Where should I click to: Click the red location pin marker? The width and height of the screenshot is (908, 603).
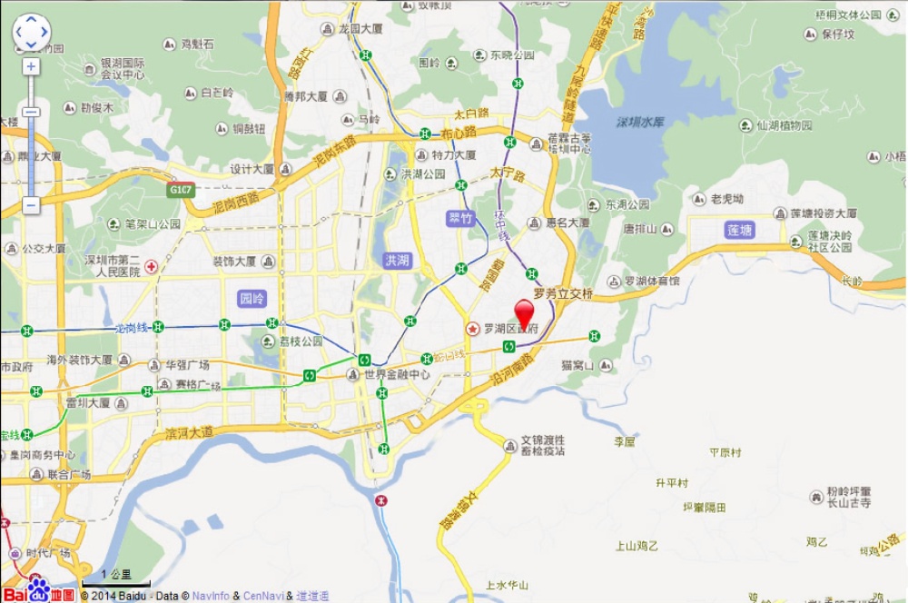(525, 311)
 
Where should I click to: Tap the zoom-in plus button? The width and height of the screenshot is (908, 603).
(31, 67)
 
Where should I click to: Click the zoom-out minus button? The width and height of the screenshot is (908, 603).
(31, 205)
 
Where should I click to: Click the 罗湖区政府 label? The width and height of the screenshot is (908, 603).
(511, 328)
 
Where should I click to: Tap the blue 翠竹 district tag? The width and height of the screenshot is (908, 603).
(461, 218)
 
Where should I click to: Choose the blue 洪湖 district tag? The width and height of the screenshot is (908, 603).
(398, 261)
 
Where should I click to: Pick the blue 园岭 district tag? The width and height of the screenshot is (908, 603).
(251, 298)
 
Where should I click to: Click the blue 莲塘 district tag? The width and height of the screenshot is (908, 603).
(740, 231)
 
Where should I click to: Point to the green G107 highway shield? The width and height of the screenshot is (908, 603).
(179, 191)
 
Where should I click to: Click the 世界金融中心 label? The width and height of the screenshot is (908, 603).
(398, 374)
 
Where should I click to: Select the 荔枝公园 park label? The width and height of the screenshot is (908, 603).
(301, 341)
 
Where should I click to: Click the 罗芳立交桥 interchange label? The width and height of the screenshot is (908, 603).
(563, 294)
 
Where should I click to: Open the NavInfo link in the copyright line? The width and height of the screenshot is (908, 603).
(212, 597)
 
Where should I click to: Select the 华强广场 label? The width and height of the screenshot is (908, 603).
(187, 365)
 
